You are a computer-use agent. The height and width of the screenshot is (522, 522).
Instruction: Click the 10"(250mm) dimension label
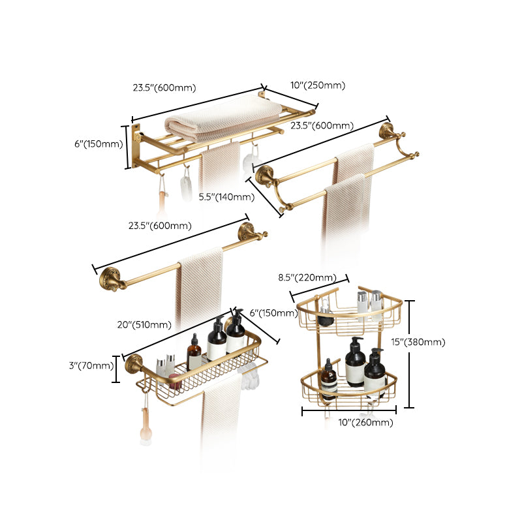(x=318, y=85)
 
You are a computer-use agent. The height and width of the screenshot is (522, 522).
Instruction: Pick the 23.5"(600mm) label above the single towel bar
(x=160, y=226)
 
